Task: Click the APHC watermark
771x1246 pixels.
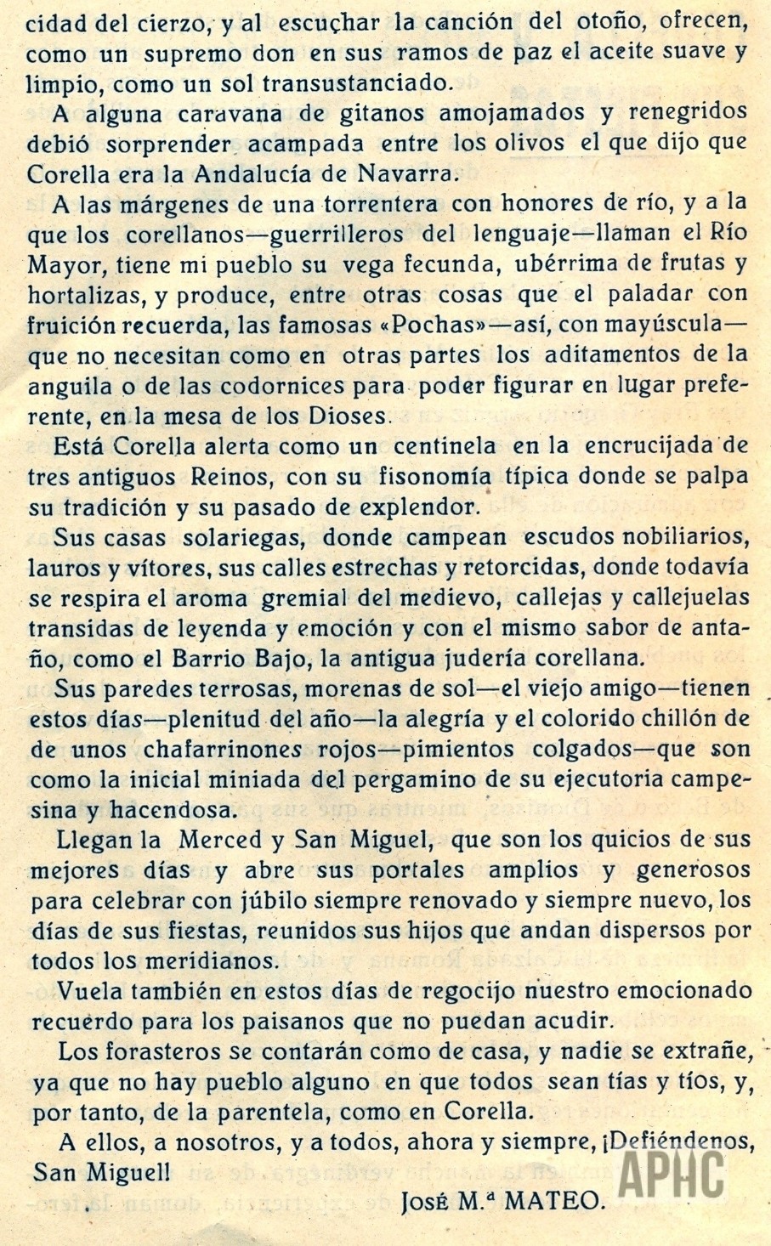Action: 672,1174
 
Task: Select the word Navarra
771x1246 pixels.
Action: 409,174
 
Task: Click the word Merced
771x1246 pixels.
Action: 222,840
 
